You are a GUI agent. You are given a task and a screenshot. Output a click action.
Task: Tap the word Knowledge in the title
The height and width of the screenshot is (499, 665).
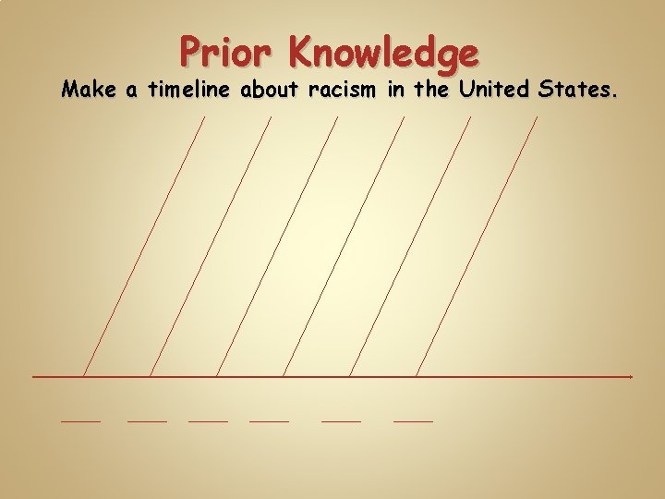pos(383,53)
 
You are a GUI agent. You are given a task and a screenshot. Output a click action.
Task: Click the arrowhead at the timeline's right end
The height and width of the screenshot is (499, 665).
pos(630,377)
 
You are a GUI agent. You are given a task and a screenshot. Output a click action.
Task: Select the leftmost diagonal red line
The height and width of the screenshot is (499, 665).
pos(143,247)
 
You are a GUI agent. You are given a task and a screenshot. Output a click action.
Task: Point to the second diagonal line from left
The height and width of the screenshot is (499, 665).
pos(210,247)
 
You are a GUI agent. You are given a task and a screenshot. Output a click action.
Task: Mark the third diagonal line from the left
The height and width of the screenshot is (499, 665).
pos(276,247)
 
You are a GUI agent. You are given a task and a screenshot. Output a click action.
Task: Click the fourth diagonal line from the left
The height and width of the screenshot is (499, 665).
pos(343,247)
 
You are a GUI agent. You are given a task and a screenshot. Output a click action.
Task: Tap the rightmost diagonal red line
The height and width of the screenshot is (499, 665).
pos(476,247)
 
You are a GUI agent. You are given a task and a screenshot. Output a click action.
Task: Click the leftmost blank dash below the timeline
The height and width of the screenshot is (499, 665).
pos(80,421)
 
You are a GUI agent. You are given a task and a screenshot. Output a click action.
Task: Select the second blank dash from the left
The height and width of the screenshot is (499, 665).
pos(147,421)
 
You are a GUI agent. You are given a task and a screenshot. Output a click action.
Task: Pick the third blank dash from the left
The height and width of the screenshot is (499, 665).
pos(208,421)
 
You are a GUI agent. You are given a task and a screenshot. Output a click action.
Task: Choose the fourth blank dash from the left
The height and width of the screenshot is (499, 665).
pos(269,421)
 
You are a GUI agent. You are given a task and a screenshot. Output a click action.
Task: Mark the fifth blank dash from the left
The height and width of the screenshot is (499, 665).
pos(341,421)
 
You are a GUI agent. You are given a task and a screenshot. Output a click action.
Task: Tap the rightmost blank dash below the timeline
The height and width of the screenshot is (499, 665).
pos(413,421)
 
